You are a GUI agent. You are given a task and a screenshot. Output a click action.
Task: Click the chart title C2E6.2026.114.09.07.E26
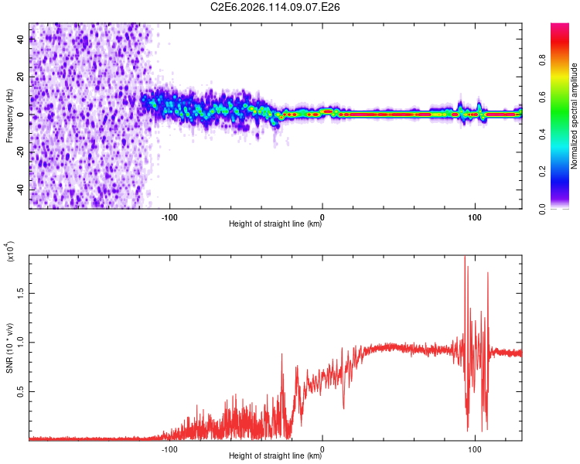tap(276, 7)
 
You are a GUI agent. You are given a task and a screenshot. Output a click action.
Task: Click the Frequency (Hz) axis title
tap(9, 115)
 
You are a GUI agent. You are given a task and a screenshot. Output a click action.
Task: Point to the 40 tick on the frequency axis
tap(20, 40)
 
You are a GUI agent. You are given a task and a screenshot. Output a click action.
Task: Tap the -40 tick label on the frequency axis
tap(20, 189)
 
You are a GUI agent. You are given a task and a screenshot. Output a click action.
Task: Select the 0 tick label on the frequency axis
tap(20, 114)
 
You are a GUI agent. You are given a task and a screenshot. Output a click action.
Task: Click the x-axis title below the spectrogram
tap(275, 224)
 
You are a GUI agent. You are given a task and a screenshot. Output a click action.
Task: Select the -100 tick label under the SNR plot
tap(169, 448)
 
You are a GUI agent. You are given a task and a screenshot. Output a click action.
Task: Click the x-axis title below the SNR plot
tap(275, 456)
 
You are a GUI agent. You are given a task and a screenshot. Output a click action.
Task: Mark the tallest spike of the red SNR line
tap(465, 258)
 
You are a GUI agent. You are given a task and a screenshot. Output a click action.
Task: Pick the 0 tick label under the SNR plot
tap(322, 448)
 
